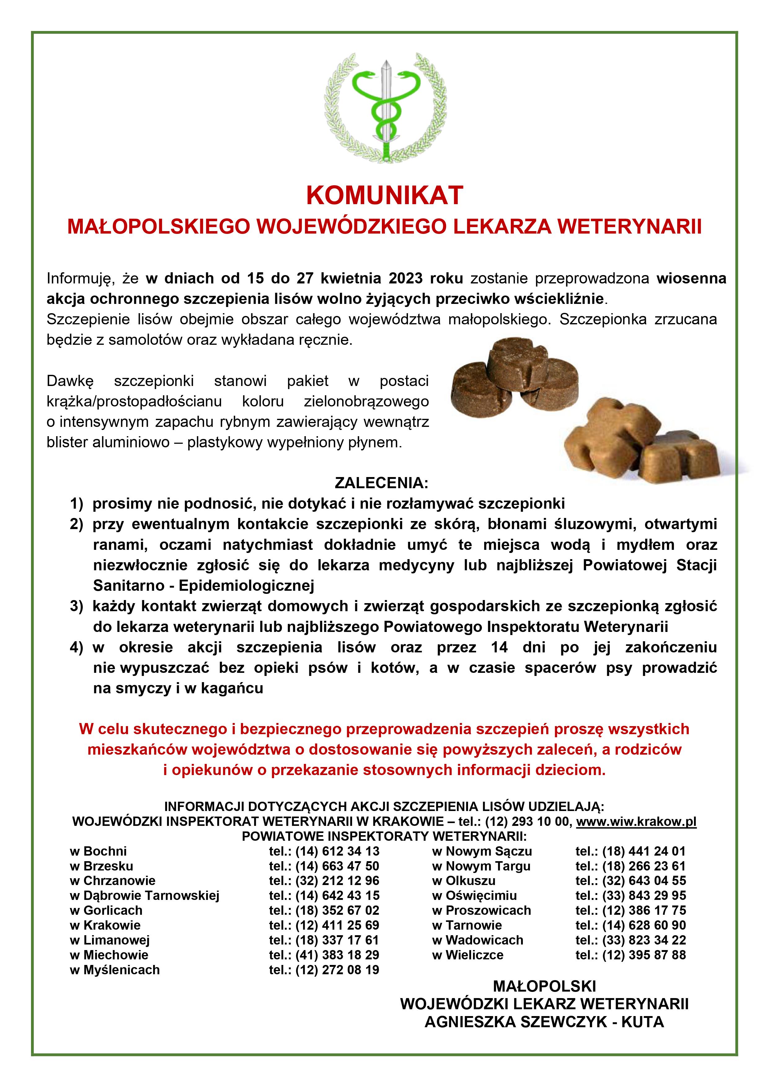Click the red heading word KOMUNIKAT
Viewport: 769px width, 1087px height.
384,195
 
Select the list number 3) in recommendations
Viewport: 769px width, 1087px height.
77,606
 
